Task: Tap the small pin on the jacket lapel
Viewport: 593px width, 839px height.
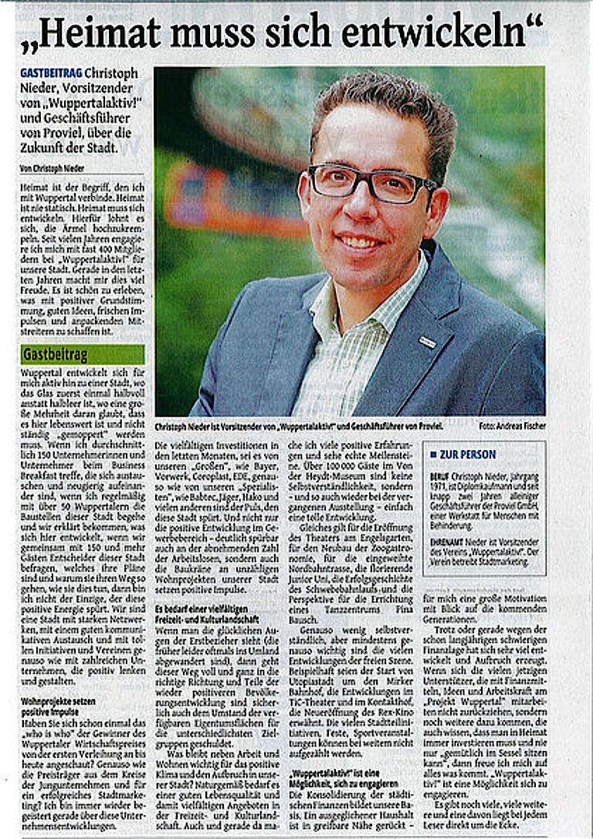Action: pos(427,340)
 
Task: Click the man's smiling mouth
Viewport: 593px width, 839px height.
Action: pos(361,242)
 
